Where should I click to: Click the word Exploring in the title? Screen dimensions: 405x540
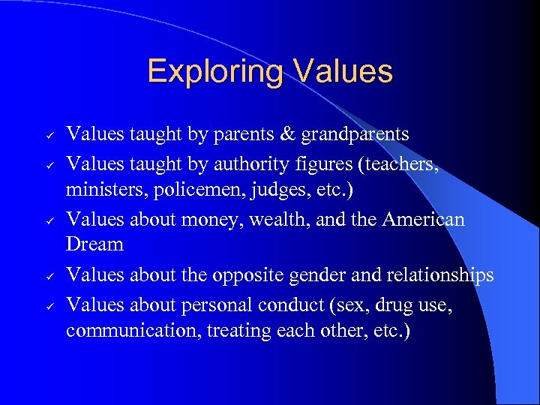[214, 71]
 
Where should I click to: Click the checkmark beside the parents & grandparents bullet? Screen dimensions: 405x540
[48, 135]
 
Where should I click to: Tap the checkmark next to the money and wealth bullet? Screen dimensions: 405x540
[48, 220]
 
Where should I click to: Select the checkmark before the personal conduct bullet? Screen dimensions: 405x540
[48, 304]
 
